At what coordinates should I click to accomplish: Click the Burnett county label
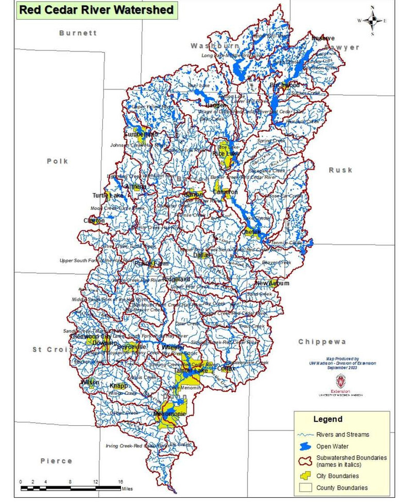pos(78,33)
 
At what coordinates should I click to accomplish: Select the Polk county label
pos(57,161)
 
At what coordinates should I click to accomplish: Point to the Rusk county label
pos(340,170)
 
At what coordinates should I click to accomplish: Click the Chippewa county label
pos(322,341)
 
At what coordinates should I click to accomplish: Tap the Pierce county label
pos(56,461)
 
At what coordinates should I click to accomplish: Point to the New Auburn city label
pos(272,283)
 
